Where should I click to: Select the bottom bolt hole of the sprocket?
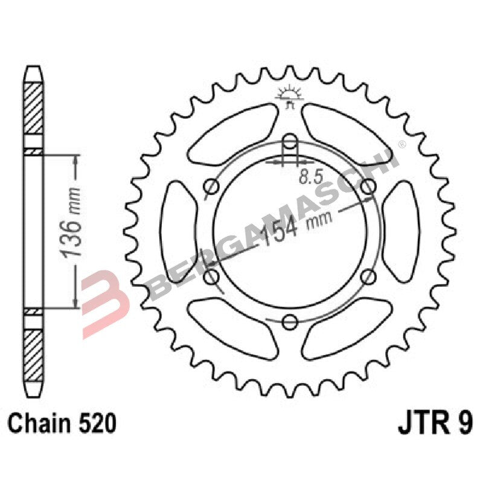290,320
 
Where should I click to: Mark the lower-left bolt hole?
211,277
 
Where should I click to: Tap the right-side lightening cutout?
401,232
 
